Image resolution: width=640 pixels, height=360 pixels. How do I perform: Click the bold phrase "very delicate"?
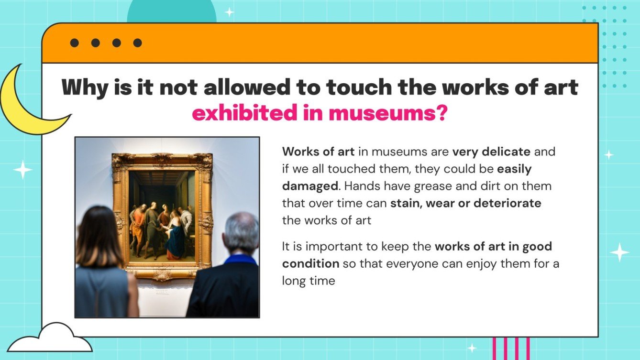[x=491, y=152]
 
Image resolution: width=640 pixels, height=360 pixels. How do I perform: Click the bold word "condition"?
[x=310, y=263]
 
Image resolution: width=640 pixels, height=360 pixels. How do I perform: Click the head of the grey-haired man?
[x=242, y=233]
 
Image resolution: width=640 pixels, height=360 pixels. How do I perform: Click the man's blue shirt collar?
[x=241, y=260]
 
